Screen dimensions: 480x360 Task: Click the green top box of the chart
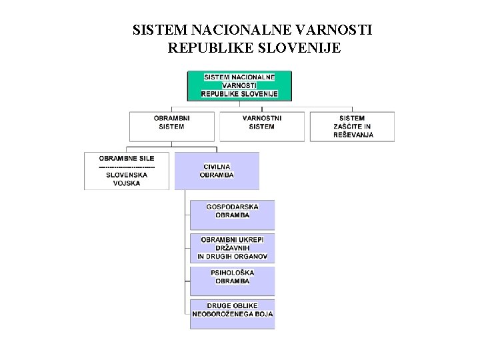pos(239,85)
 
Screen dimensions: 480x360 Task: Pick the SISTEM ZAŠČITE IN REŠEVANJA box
pos(352,126)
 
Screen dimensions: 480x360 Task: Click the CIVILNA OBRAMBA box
pos(217,171)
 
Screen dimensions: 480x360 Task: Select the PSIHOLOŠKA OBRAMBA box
pos(232,280)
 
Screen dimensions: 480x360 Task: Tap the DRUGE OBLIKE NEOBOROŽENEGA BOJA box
pos(232,313)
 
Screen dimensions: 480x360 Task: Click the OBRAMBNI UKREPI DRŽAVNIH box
pos(232,247)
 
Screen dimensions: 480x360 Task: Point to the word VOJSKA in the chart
pos(127,183)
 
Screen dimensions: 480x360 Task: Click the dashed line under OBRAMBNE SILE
pos(127,166)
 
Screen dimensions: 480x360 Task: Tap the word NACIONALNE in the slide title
pos(252,31)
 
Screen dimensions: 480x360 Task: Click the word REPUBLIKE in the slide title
pos(209,48)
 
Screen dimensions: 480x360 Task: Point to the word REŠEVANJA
pos(353,135)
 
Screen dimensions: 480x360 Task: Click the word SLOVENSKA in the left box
pos(127,175)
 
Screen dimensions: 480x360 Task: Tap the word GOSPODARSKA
pos(232,207)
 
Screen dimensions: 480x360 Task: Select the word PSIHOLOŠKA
pos(232,273)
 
